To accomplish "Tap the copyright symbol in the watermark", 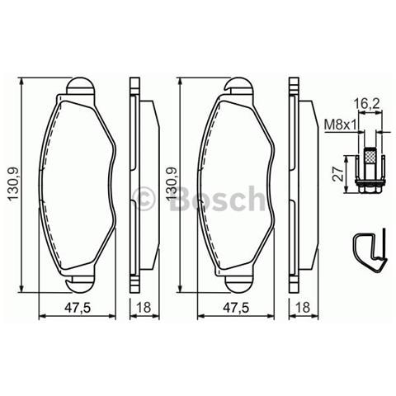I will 145,198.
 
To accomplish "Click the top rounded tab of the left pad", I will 81,86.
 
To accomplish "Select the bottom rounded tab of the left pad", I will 81,282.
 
